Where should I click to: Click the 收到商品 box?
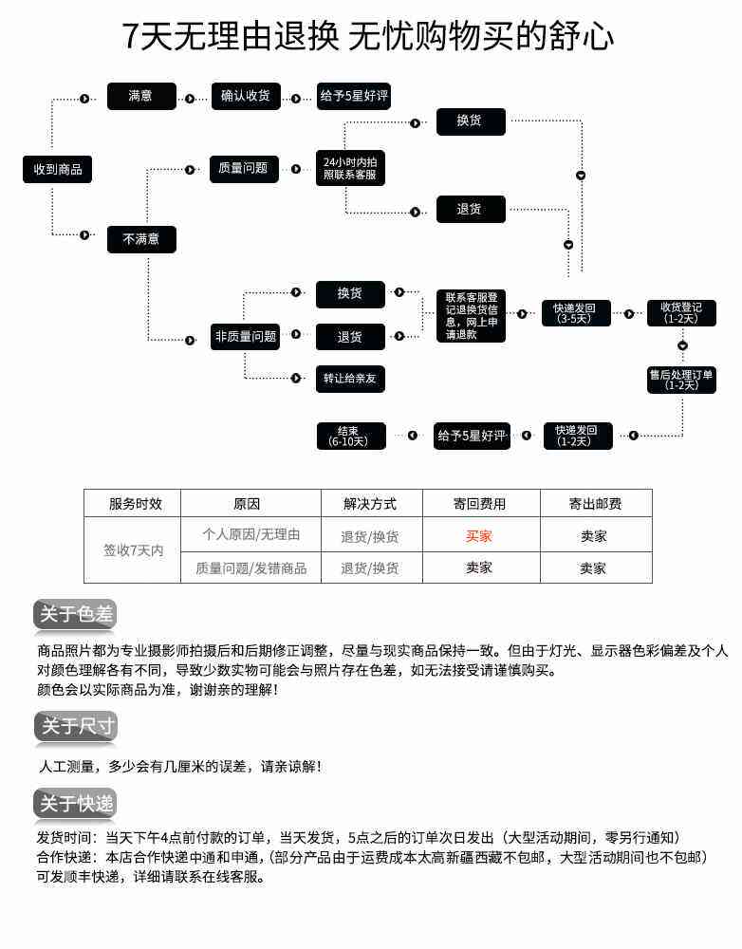click(58, 170)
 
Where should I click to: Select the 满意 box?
click(141, 96)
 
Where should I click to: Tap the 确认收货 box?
click(246, 96)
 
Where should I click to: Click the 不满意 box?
click(141, 240)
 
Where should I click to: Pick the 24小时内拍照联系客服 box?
click(350, 168)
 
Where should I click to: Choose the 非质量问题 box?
click(245, 337)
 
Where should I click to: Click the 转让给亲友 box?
click(350, 379)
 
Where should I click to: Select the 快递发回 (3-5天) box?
click(574, 313)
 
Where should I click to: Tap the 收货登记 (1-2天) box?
click(681, 313)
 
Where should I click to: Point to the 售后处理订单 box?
click(681, 381)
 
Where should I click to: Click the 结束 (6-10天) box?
click(351, 436)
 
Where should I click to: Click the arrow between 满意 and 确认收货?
click(190, 98)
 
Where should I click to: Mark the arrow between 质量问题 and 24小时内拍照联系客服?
click(296, 170)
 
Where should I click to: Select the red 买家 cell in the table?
click(479, 536)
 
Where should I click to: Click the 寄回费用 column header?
click(480, 504)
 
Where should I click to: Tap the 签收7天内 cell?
click(133, 550)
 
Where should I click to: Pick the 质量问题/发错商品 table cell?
click(251, 568)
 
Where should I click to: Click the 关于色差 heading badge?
click(75, 615)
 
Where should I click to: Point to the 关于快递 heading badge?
click(75, 805)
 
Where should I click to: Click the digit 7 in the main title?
click(131, 36)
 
